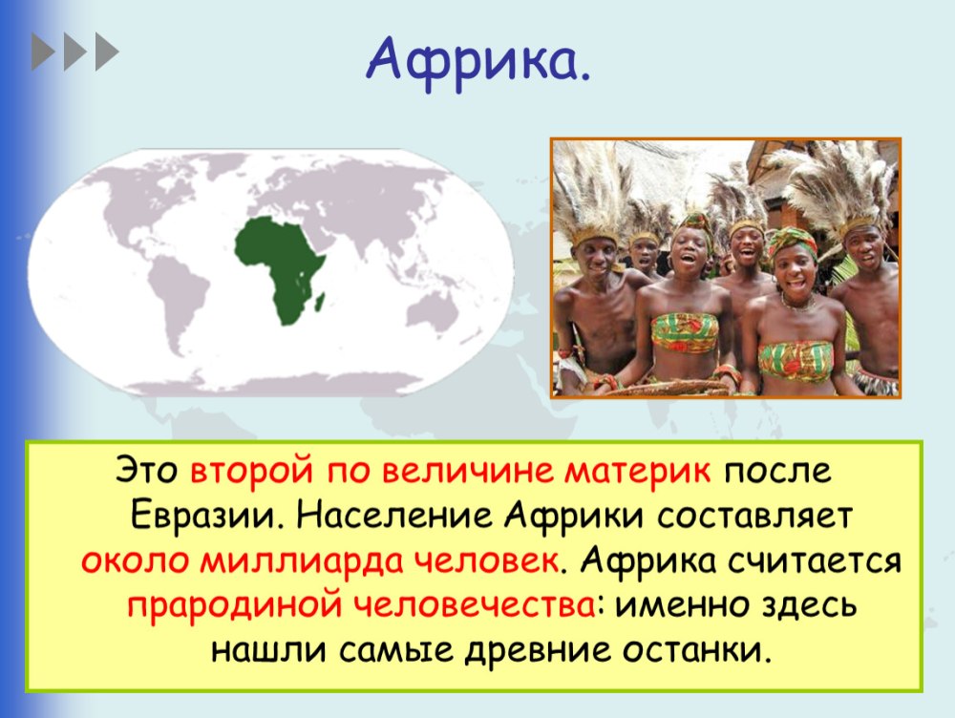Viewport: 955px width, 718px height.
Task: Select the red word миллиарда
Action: pyautogui.click(x=302, y=561)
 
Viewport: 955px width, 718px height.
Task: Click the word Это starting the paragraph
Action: pyautogui.click(x=147, y=472)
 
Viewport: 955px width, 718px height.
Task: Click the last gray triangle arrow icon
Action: pyautogui.click(x=107, y=52)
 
